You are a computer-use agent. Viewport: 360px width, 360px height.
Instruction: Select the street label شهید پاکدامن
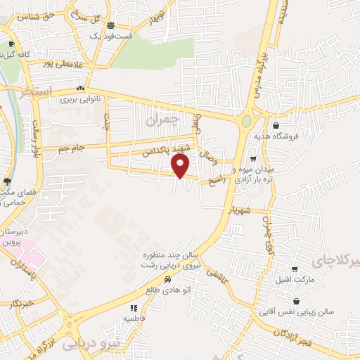167,149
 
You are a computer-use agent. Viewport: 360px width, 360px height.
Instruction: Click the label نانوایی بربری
79,100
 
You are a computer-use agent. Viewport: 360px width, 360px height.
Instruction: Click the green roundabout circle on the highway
246,122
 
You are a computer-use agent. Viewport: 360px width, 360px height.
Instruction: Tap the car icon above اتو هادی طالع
167,279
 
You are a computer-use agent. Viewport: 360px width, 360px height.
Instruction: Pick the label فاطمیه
134,318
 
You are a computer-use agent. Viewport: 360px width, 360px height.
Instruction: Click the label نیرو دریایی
91,345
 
